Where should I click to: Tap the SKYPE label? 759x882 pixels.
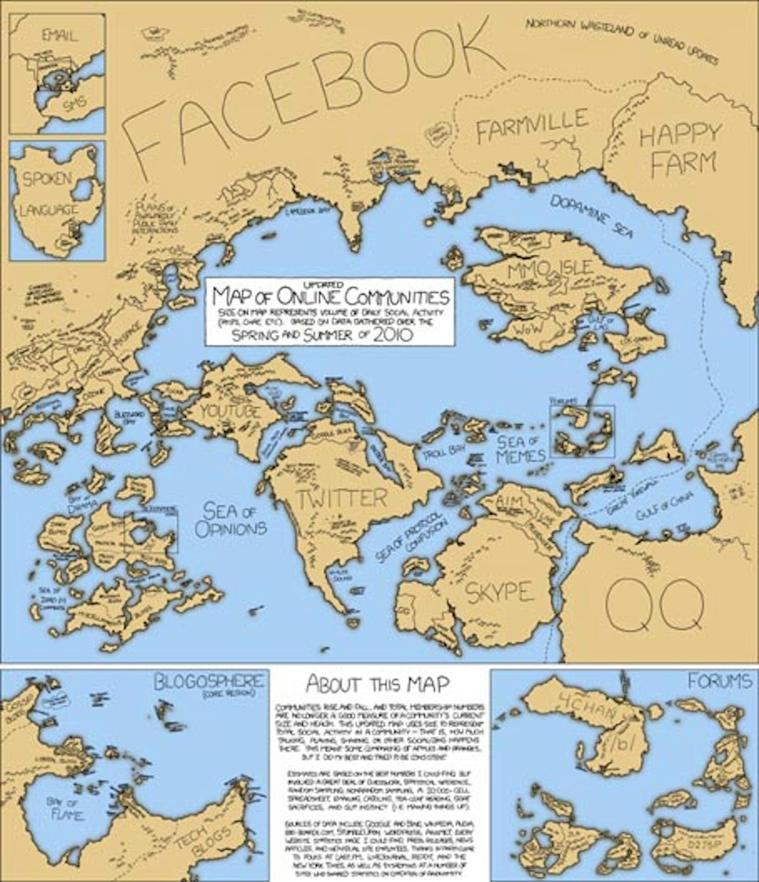tap(499, 592)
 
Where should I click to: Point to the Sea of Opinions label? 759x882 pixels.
tap(231, 519)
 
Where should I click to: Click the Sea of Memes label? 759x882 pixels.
tap(520, 449)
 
